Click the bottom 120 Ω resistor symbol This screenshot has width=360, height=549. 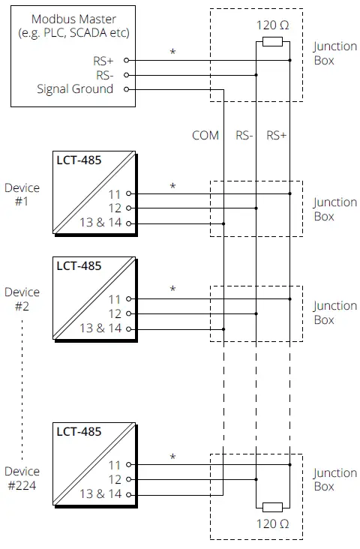coord(272,507)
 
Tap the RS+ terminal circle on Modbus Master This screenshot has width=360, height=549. coord(126,59)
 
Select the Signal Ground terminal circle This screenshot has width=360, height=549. coord(126,89)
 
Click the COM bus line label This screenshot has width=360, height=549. coord(205,136)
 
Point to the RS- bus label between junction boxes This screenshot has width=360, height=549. coord(245,136)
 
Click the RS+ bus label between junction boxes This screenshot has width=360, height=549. coord(277,136)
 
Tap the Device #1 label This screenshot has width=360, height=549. coord(22,195)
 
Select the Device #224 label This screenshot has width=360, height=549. coord(22,478)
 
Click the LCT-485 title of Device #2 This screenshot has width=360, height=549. coord(79,265)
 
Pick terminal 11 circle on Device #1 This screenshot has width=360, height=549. coord(129,193)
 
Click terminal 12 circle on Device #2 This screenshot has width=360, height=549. coord(129,313)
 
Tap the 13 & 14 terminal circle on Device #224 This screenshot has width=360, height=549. coord(129,494)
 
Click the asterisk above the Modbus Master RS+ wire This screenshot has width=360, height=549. coord(173,52)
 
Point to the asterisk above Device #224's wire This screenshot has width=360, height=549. coord(173,457)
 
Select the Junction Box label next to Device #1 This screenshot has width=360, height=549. coord(334,209)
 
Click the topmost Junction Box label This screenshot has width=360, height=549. coord(334,53)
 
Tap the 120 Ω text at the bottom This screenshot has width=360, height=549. coord(272,524)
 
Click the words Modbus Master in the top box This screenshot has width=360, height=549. coord(73,18)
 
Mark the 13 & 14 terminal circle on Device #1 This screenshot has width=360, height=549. coord(129,223)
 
